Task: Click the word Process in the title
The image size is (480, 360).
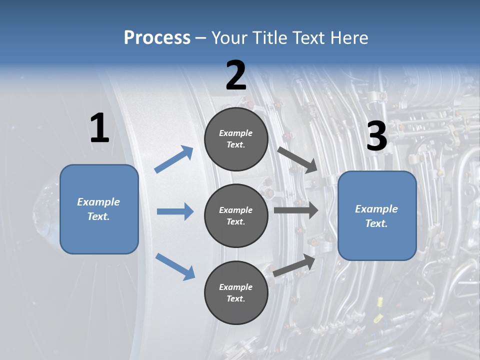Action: click(x=157, y=38)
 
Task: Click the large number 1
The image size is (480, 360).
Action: click(x=99, y=128)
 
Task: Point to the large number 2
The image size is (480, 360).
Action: click(x=236, y=75)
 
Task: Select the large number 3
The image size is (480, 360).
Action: click(x=377, y=136)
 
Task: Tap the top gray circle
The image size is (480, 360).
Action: click(x=236, y=139)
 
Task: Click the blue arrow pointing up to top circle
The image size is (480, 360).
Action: click(x=174, y=159)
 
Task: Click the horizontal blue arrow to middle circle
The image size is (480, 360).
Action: click(x=175, y=211)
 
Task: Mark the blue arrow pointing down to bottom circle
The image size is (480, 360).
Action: click(x=175, y=266)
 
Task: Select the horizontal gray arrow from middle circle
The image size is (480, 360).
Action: click(x=296, y=210)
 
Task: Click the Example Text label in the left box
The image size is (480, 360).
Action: click(x=98, y=209)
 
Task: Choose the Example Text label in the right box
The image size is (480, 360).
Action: click(x=376, y=216)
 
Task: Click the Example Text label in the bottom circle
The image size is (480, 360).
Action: click(x=235, y=292)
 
